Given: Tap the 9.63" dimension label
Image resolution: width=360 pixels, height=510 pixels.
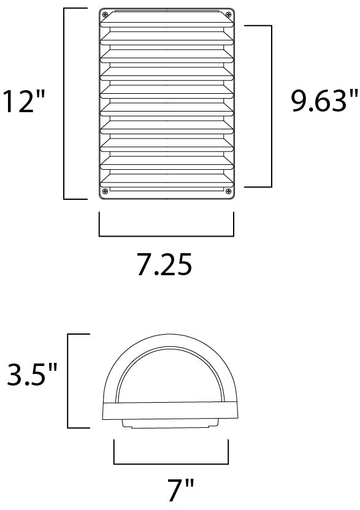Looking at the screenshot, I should tap(324, 101).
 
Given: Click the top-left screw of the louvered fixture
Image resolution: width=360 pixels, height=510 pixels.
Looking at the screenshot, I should tap(105, 15).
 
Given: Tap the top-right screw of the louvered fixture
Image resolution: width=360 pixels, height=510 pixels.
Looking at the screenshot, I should tap(229, 15).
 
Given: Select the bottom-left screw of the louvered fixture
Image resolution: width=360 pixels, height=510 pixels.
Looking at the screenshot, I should tap(105, 192).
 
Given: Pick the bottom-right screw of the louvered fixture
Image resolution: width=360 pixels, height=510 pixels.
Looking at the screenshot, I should tap(229, 192).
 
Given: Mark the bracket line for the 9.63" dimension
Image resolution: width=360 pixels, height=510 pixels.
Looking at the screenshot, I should tap(270, 106).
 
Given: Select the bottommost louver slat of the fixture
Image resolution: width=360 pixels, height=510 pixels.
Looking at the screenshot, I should tap(167, 180).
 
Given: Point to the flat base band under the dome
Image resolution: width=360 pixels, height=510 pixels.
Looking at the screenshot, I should tap(166, 413).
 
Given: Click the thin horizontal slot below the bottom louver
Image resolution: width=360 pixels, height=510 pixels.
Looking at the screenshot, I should tap(167, 190).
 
